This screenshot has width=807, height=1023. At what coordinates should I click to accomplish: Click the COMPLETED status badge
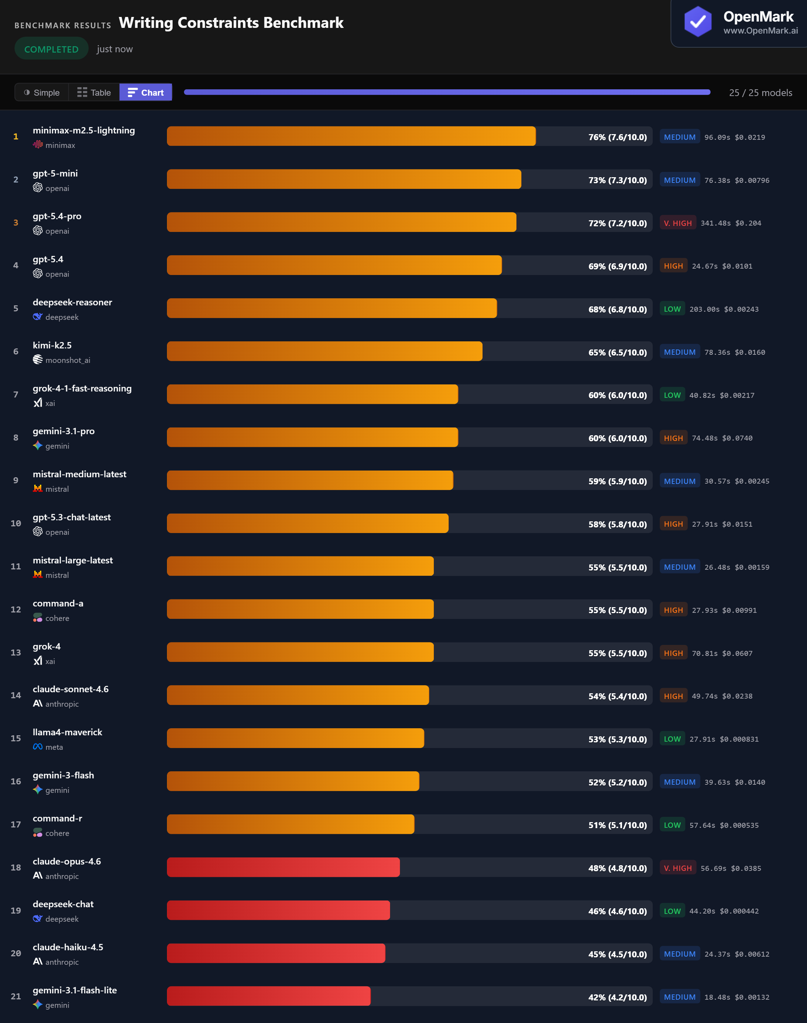point(51,49)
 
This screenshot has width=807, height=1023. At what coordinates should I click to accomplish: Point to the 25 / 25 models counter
point(760,92)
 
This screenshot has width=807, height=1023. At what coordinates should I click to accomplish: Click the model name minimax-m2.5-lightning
point(84,130)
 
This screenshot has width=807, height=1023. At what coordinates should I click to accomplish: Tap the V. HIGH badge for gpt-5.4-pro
point(677,223)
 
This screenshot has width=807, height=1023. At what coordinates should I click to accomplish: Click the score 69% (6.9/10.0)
point(617,267)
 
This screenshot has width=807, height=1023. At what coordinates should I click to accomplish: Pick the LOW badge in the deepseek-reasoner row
point(672,309)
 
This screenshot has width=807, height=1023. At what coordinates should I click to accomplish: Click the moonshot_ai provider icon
point(38,360)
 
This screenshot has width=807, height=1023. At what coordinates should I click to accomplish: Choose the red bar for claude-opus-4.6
point(283,868)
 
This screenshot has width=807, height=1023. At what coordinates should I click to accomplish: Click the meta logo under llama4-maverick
point(38,747)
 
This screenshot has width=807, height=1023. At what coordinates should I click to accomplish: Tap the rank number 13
point(16,653)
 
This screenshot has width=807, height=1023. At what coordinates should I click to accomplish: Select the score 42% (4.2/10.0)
point(617,997)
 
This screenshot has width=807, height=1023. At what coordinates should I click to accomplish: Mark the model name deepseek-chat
point(63,904)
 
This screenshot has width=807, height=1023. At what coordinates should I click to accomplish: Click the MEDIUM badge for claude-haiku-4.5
point(680,954)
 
